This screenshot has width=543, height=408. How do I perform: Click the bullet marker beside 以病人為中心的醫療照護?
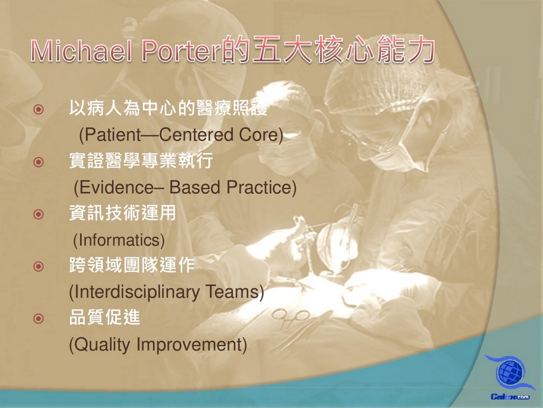[x=39, y=110]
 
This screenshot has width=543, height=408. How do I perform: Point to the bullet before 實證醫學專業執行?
[x=39, y=162]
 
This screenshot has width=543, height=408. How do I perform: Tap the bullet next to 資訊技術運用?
[x=39, y=214]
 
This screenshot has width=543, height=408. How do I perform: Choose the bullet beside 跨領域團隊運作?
[x=39, y=266]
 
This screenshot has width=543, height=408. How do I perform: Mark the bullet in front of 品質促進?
[x=39, y=318]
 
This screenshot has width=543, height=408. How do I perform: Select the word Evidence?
[x=116, y=187]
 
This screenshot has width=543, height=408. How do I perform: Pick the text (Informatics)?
[x=119, y=240]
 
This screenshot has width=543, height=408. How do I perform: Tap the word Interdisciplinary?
[x=137, y=292]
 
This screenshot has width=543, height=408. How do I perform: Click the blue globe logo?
[x=510, y=372]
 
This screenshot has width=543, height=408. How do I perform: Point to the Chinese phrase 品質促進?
[x=105, y=317]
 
